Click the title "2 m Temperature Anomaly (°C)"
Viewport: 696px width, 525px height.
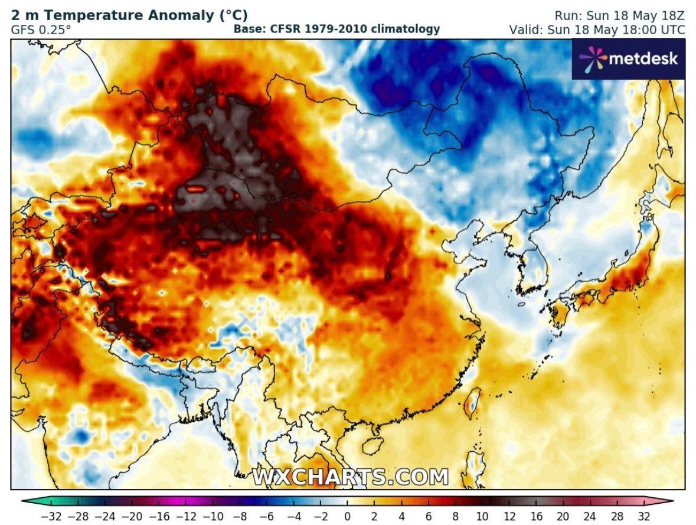(x=129, y=15)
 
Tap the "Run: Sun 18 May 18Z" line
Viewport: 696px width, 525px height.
(x=619, y=15)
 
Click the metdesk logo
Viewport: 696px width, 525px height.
(x=628, y=58)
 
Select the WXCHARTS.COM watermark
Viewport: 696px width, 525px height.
(x=351, y=477)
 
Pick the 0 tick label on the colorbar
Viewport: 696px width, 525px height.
(x=348, y=517)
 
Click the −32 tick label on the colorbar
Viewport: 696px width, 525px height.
(x=51, y=517)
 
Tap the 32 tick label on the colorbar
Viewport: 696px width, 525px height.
(x=643, y=517)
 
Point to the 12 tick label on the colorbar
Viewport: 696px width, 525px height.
(x=508, y=517)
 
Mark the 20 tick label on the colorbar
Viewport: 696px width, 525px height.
(x=563, y=517)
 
